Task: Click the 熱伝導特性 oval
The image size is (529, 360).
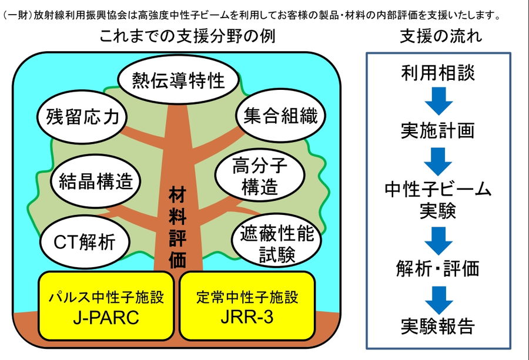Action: point(179,79)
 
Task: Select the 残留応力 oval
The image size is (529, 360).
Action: point(82,117)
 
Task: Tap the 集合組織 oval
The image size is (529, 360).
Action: point(281,116)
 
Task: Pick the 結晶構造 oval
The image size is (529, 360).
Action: point(96,181)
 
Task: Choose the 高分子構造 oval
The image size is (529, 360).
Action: point(260,175)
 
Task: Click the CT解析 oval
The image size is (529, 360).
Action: point(85,242)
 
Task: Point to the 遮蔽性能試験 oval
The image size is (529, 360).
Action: point(277,240)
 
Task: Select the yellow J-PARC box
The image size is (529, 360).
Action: point(106,306)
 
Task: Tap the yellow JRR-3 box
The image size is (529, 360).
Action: point(247,306)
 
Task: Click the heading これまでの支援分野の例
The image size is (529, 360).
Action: point(188,36)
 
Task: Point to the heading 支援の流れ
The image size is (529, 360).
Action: point(441,36)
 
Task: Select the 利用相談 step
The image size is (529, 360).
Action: point(438,72)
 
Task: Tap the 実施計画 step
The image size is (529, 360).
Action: point(438,130)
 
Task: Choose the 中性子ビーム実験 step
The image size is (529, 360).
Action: point(438,200)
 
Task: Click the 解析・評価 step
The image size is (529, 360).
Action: point(438,268)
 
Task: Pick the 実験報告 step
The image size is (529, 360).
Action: point(438,326)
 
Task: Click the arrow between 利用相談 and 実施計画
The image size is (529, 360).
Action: point(438,101)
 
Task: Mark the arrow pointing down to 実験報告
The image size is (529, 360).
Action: point(438,300)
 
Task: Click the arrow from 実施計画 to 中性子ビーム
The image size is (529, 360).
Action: point(438,162)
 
